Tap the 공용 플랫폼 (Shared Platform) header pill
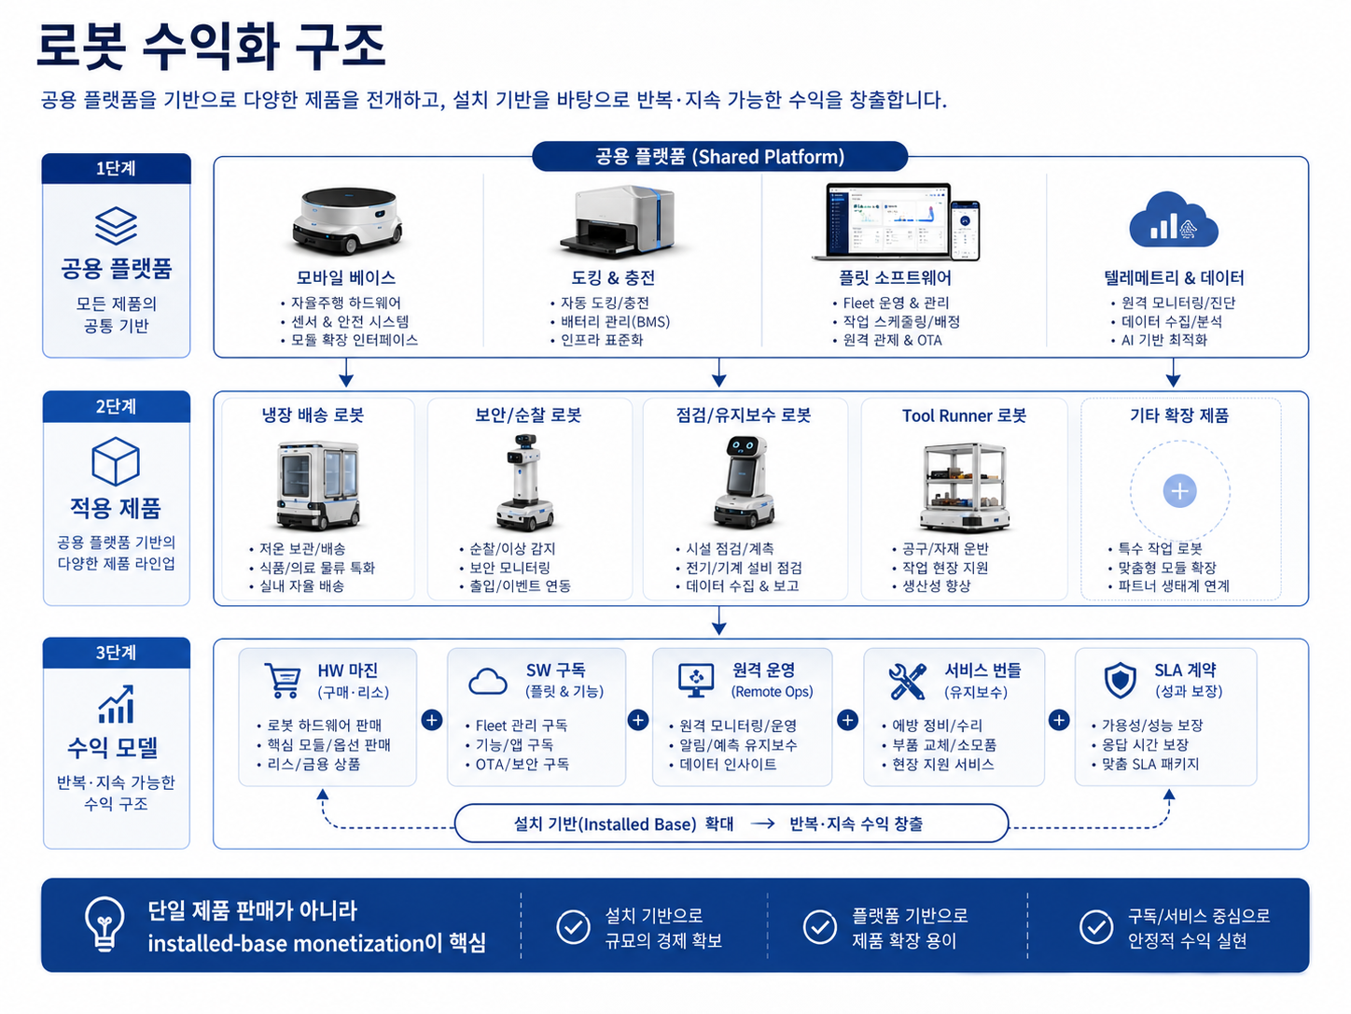(719, 157)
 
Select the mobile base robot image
(347, 220)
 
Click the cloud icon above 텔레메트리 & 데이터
(1173, 221)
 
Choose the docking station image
(617, 220)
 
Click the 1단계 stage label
(116, 169)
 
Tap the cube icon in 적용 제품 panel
(116, 462)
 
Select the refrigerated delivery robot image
(318, 486)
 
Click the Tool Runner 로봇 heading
(964, 416)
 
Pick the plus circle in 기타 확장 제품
(1179, 491)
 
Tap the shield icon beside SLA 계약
(1120, 681)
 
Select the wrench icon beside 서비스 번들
(907, 682)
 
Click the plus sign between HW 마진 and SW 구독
(432, 720)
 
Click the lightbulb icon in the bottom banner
(104, 923)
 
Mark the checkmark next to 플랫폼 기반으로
(820, 927)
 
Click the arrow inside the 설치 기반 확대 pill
(762, 824)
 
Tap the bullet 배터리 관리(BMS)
(615, 321)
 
